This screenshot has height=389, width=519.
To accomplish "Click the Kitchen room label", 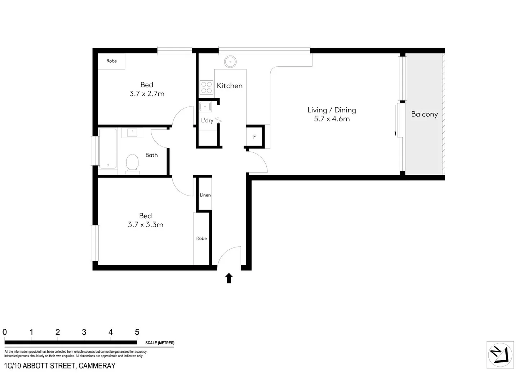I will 230,86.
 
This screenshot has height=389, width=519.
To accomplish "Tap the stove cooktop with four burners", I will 207,88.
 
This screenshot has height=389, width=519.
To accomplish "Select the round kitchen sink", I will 230,62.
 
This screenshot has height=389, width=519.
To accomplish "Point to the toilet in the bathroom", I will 132,163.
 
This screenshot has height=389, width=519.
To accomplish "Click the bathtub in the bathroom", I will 108,148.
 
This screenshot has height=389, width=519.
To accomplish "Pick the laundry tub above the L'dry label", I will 205,107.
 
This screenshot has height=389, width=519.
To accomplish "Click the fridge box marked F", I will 255,137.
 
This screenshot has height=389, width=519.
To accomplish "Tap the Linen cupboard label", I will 205,195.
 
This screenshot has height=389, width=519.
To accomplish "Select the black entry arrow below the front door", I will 229,278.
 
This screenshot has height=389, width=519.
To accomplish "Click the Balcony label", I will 424,114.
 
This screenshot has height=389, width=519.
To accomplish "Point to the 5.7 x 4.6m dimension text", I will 332,119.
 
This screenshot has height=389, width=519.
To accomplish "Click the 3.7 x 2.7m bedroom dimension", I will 147,94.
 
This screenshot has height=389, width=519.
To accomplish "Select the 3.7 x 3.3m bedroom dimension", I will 146,225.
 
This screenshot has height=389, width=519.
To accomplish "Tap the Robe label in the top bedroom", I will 112,61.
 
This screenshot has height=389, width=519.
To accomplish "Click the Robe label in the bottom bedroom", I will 201,238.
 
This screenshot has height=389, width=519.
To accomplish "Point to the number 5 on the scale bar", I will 137,332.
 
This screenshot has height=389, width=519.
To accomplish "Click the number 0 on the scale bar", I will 5,332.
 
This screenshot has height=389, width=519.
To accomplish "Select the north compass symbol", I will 500,355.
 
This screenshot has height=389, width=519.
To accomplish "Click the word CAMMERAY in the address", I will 97,366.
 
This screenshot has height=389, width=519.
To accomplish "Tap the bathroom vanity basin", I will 132,133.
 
